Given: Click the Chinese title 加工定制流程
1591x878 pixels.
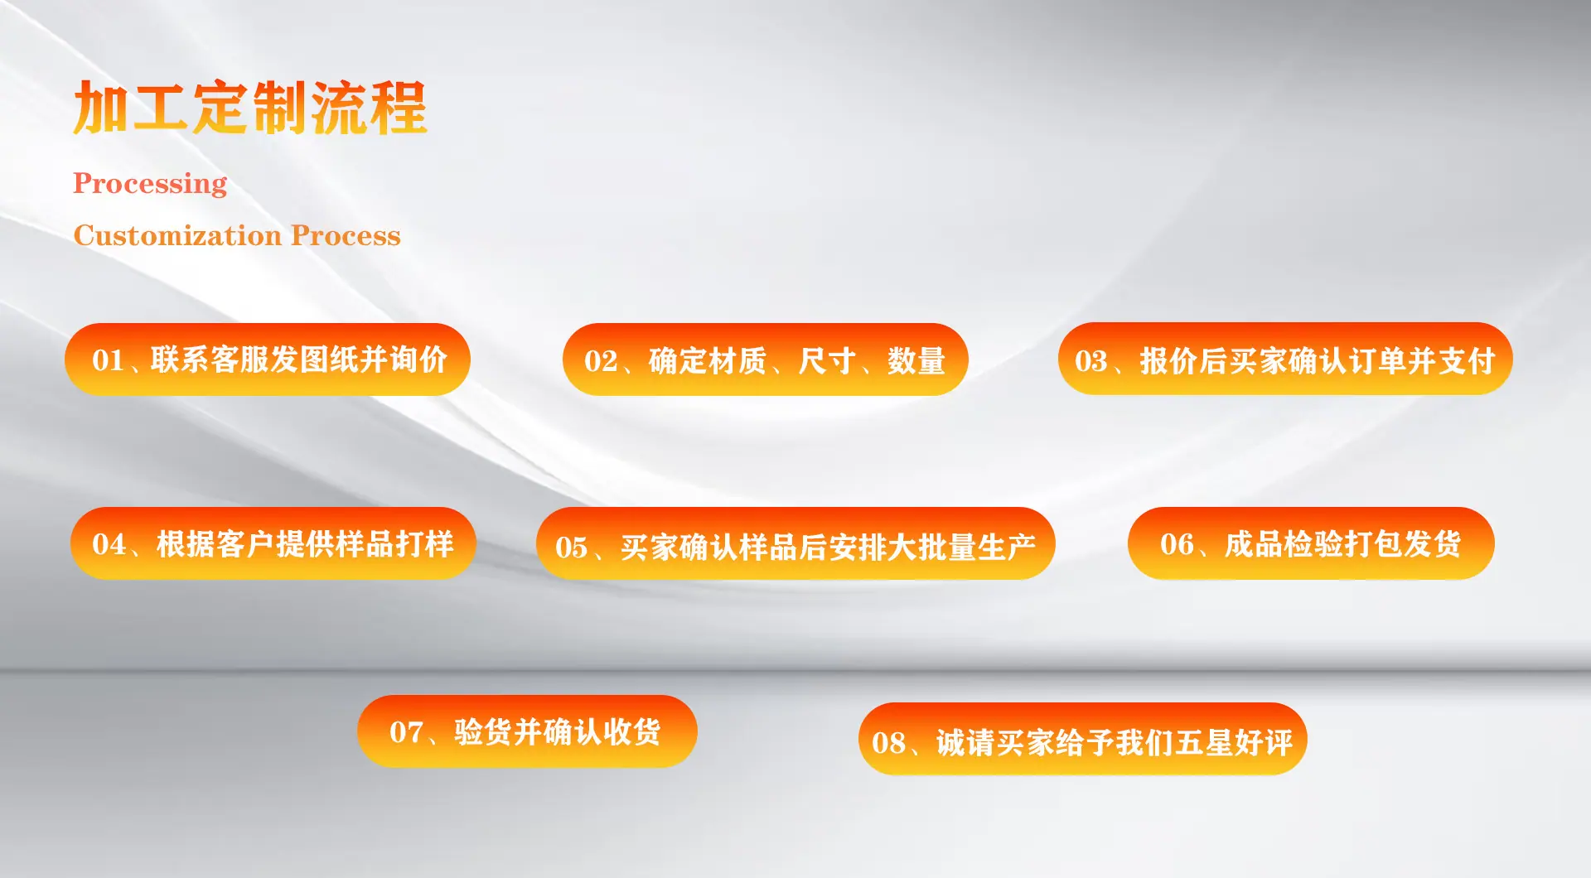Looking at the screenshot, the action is tap(250, 108).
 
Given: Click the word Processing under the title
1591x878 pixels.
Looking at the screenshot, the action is tap(150, 183).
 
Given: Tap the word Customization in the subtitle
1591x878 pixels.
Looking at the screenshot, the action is tap(178, 235).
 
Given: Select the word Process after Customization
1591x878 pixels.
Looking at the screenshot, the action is tap(346, 235).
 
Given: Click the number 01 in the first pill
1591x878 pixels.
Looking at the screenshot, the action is tap(108, 360).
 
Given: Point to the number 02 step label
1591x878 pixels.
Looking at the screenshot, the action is tap(601, 361).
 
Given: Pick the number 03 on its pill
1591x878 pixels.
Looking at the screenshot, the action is tap(1090, 361).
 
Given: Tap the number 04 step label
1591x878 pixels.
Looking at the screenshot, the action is tap(109, 544).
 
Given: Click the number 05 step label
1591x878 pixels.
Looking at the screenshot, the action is tap(571, 548).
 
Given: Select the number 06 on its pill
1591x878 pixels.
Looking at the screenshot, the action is tap(1177, 544).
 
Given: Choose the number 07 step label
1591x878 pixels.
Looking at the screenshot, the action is tap(406, 732).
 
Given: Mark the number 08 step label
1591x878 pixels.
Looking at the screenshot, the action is tap(888, 743).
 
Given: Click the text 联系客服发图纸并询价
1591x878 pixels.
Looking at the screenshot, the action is tap(299, 359).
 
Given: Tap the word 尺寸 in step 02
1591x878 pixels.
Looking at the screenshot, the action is tap(827, 361).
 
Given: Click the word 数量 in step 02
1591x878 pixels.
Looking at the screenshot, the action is tap(916, 361).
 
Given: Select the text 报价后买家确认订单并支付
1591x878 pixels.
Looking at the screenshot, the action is tap(1318, 360).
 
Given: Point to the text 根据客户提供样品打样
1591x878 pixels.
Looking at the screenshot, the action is tap(305, 544).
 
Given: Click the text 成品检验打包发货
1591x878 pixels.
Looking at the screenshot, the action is tap(1342, 544).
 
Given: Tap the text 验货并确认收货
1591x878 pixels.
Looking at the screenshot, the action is tap(557, 732).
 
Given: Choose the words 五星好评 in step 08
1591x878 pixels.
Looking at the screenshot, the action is tap(1234, 743).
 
